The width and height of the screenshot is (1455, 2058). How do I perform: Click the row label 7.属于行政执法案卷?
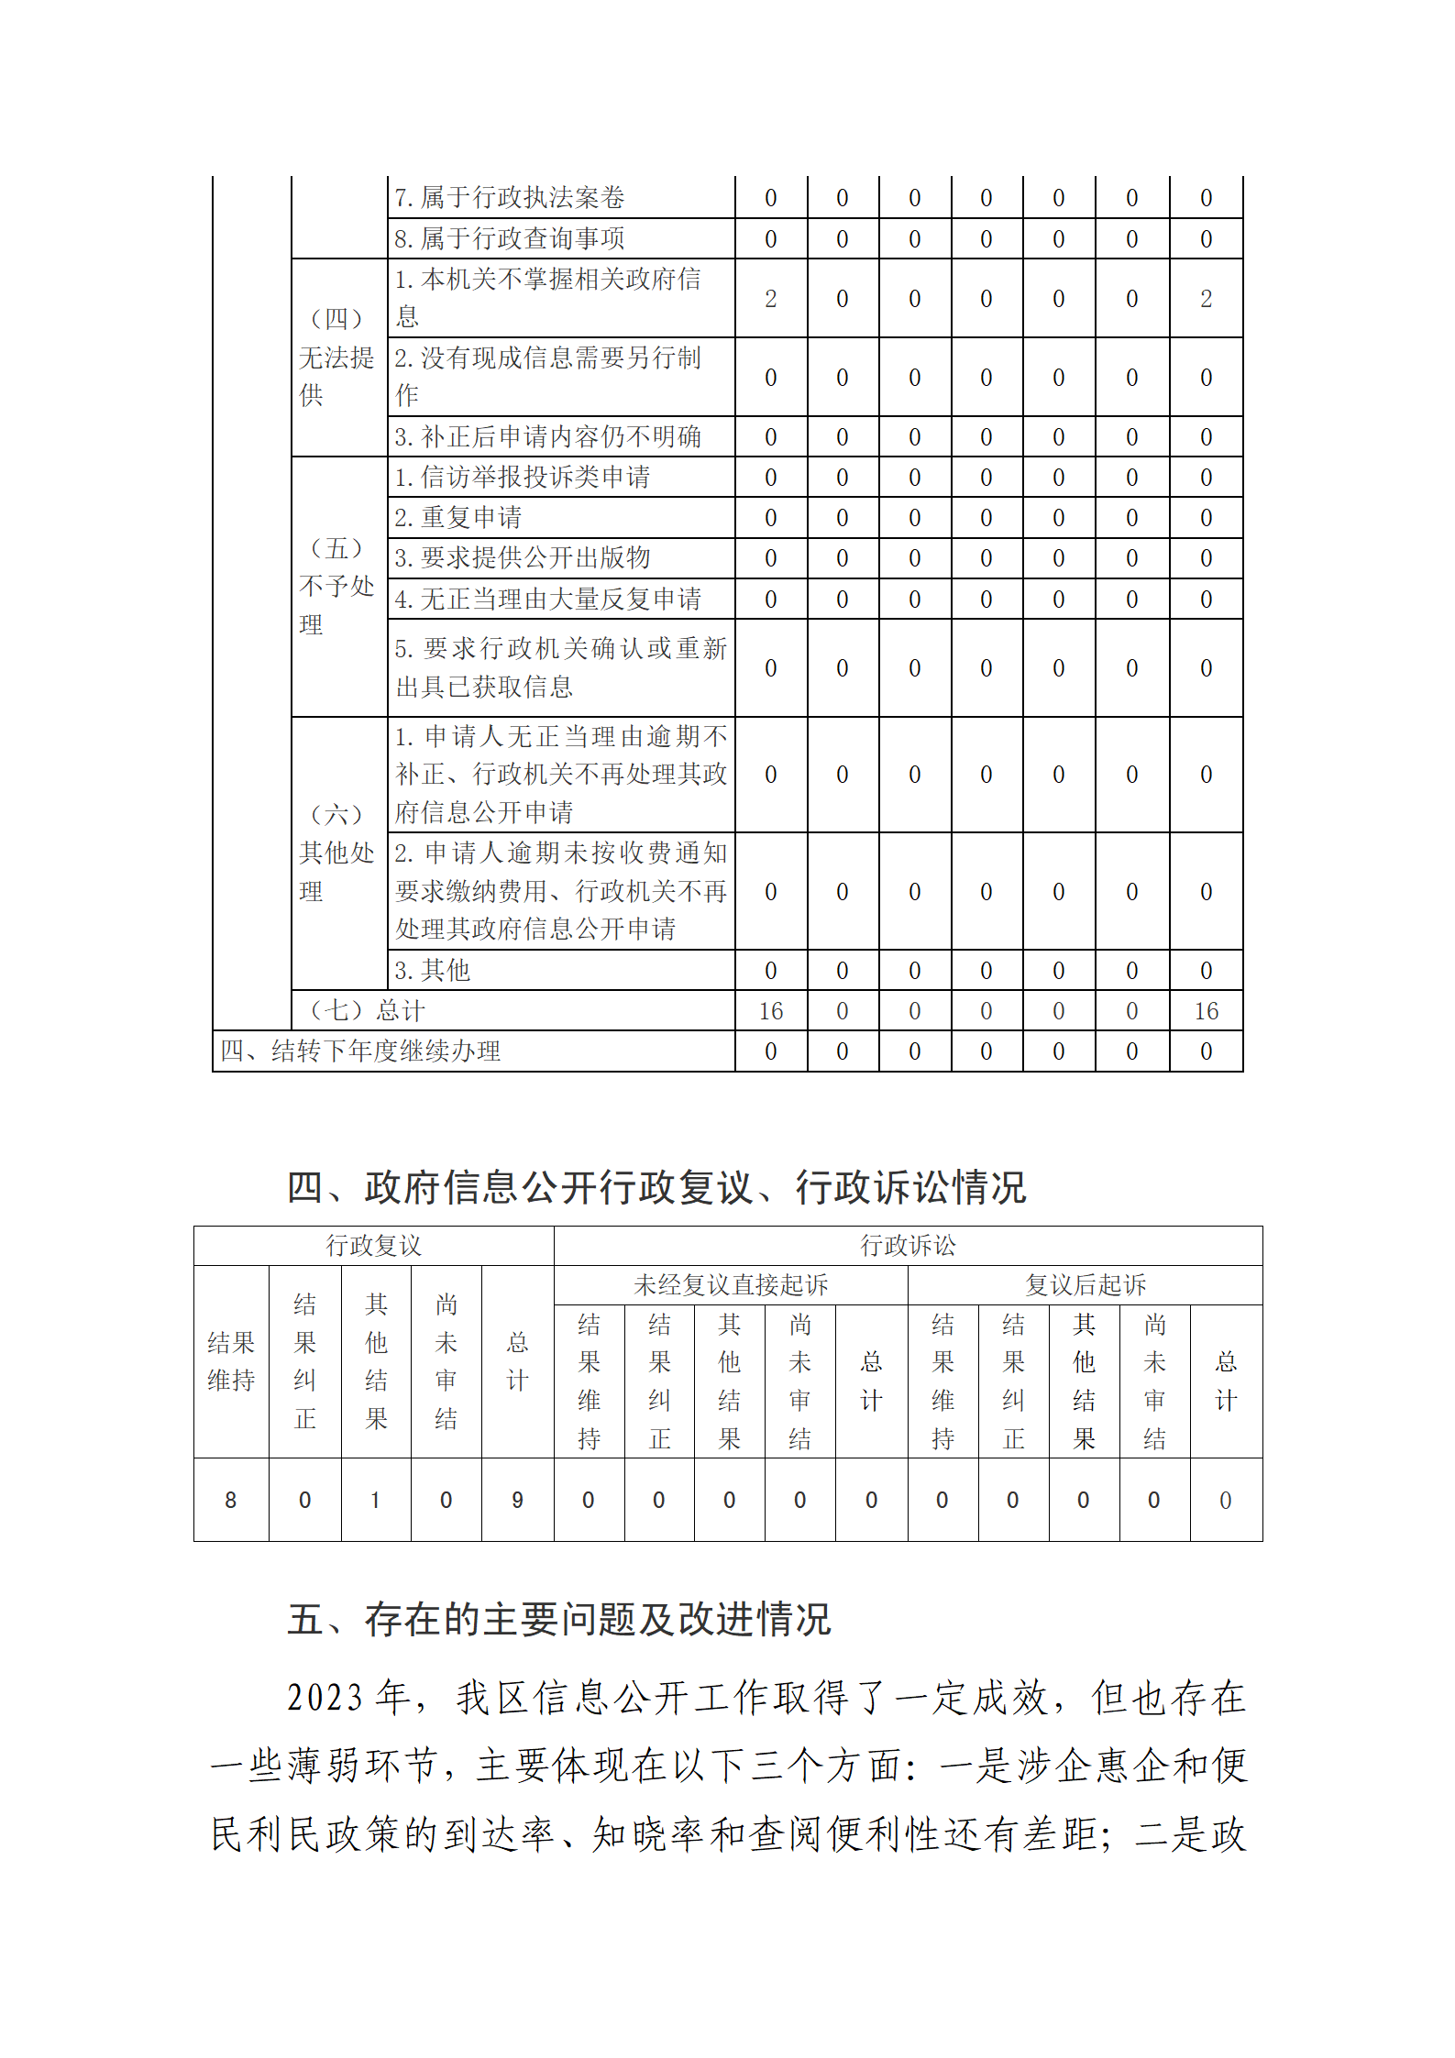click(509, 197)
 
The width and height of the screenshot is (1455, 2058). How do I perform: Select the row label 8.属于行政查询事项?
click(509, 238)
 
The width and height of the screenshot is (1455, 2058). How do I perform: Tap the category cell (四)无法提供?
click(337, 357)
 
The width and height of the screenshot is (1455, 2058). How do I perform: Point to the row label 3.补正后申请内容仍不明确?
click(547, 436)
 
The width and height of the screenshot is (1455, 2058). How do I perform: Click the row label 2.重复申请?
click(457, 517)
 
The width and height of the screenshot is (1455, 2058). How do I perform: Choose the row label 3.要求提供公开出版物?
click(522, 557)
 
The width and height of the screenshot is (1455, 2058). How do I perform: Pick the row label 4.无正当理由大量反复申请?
click(547, 599)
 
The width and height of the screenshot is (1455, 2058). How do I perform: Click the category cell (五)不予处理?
click(337, 586)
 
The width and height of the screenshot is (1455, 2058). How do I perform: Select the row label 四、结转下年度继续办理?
click(360, 1051)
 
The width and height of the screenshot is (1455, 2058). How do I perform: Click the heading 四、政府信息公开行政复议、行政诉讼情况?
click(656, 1187)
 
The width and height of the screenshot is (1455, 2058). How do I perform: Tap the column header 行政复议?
click(373, 1245)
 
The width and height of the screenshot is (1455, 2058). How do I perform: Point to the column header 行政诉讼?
click(908, 1245)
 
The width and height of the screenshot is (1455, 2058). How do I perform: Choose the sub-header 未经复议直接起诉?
click(731, 1284)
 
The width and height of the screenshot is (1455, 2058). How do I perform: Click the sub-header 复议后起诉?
click(1086, 1284)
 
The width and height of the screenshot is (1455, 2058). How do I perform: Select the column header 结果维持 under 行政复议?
click(231, 1361)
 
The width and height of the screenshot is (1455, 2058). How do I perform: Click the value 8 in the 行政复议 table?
click(231, 1500)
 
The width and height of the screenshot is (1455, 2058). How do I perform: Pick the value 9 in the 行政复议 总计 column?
click(517, 1500)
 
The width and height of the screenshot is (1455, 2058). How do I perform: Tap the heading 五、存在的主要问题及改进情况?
click(559, 1619)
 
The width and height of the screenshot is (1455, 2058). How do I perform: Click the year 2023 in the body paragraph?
click(325, 1698)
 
